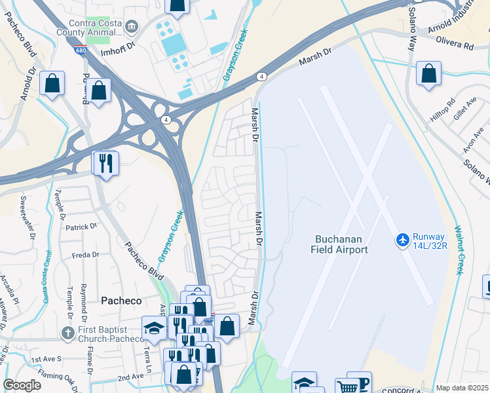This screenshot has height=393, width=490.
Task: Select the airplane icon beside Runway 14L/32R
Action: [x=402, y=240]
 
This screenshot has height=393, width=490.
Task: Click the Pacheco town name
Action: [x=121, y=300]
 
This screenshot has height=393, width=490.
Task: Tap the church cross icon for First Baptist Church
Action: [x=67, y=333]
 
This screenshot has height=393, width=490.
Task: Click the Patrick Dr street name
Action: [x=81, y=227]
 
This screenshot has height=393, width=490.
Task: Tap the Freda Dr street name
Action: [x=85, y=255]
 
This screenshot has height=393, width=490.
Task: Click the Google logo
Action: [x=22, y=384]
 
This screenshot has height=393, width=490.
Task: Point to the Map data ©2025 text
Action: [x=462, y=388]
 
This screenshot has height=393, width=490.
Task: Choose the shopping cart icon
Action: [x=347, y=386]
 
